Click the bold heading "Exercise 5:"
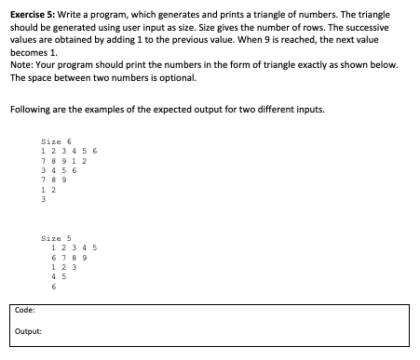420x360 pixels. (28, 17)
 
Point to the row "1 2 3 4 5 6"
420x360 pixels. (70, 151)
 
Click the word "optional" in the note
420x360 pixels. (176, 76)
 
